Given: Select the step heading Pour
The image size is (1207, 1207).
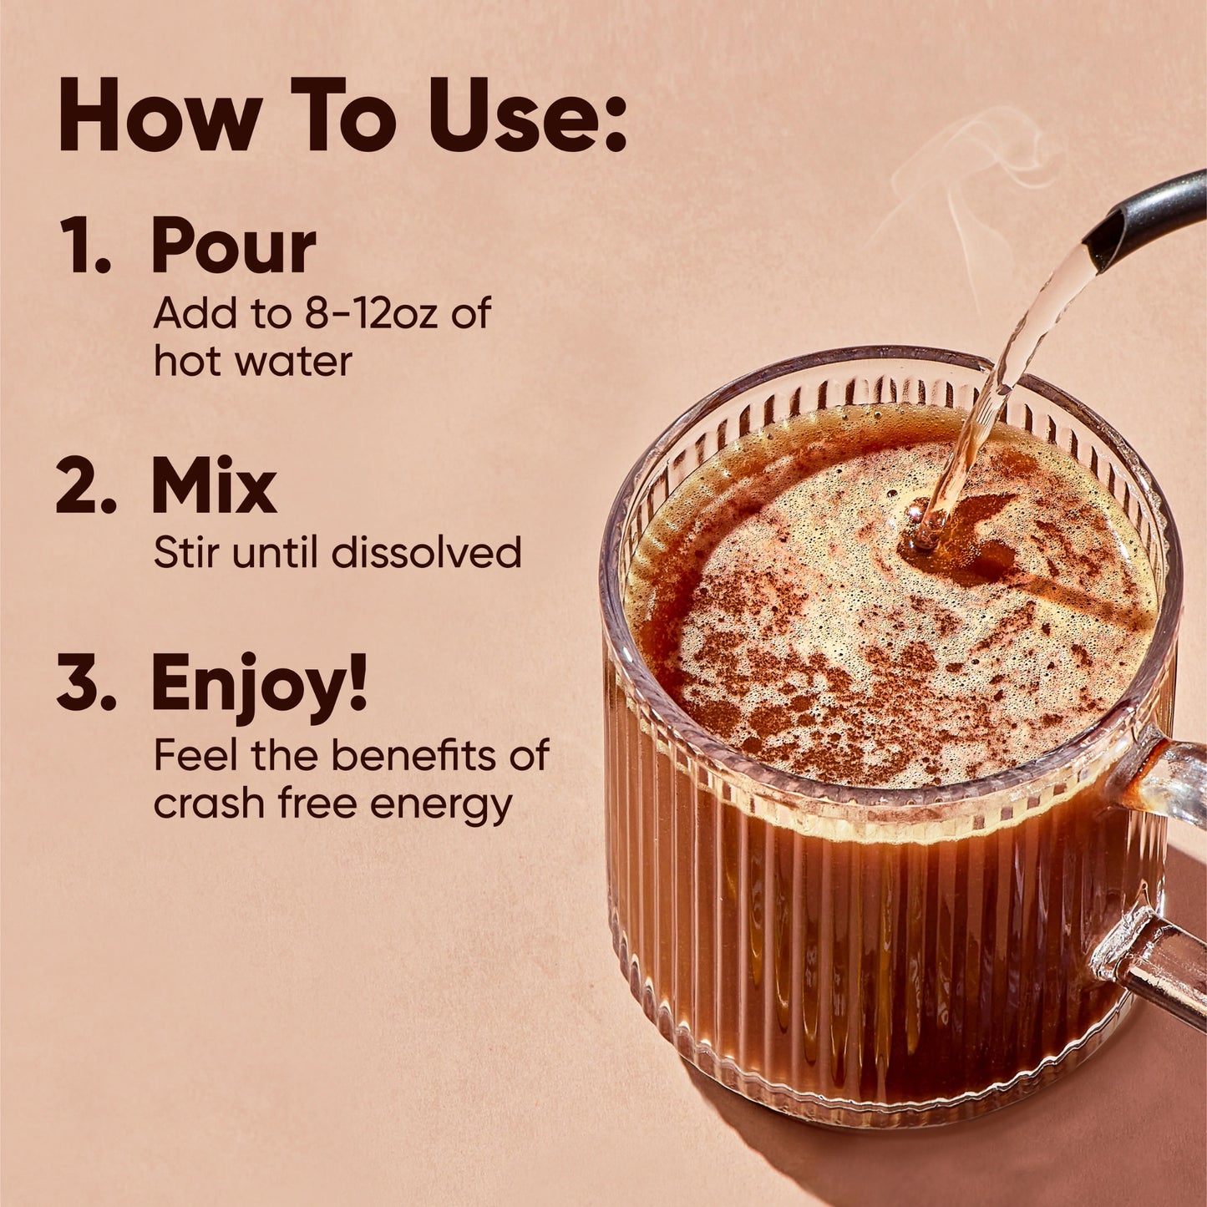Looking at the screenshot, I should click(234, 246).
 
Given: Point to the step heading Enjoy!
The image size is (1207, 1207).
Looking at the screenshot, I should click(259, 685).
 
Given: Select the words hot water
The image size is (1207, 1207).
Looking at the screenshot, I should click(252, 362).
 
